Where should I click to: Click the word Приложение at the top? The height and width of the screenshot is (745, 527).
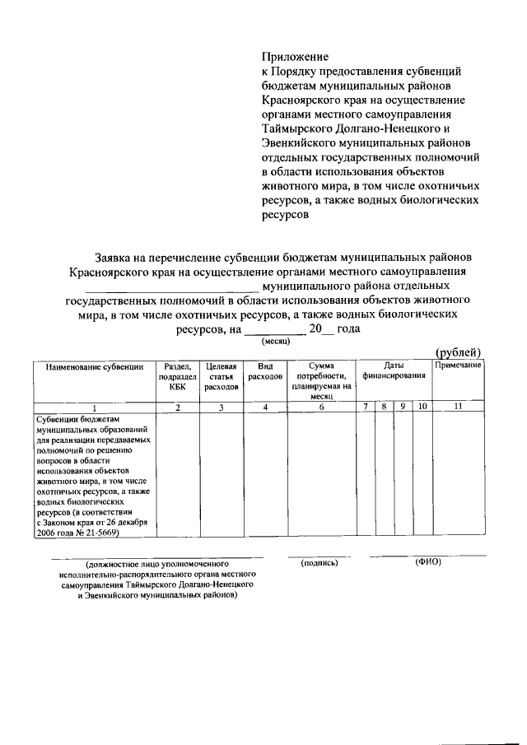pyautogui.click(x=295, y=57)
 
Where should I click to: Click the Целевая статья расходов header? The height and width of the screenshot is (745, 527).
pyautogui.click(x=221, y=375)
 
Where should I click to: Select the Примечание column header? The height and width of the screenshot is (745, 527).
pyautogui.click(x=458, y=365)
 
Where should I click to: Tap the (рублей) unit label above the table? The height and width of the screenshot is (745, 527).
pyautogui.click(x=458, y=353)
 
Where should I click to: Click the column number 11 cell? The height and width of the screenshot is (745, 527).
pyautogui.click(x=458, y=407)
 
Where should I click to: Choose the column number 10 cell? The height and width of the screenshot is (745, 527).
pyautogui.click(x=421, y=407)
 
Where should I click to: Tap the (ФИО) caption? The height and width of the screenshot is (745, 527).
pyautogui.click(x=428, y=563)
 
